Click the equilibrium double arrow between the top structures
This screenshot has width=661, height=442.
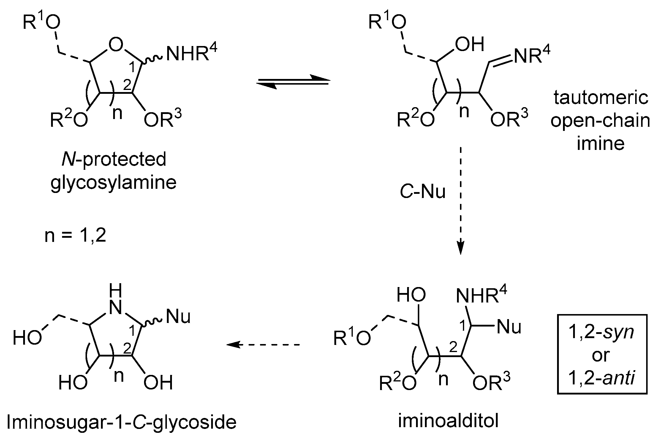pos(293,82)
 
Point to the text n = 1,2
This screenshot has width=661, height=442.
pos(75,236)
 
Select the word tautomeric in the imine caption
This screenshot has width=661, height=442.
pos(600,98)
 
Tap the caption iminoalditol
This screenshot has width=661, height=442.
pos(448,421)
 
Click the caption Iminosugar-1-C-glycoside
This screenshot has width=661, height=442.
pos(121,422)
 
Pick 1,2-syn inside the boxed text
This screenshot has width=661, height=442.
pos(601,332)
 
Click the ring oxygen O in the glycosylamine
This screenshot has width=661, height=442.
pos(116,45)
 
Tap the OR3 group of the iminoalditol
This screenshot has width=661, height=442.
pos(491,383)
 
